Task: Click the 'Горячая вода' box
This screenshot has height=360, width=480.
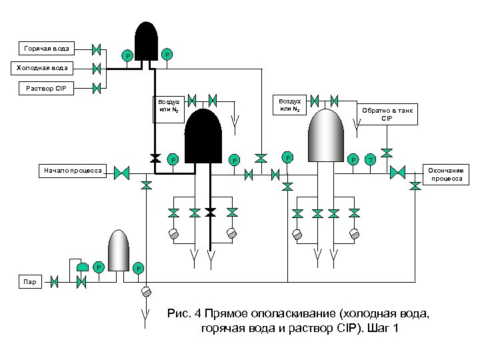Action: (x=46, y=49)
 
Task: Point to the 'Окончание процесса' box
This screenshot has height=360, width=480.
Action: (x=447, y=174)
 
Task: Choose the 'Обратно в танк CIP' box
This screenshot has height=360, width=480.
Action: (x=388, y=114)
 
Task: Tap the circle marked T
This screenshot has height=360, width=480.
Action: (x=371, y=159)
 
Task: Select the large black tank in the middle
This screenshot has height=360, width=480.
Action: (x=203, y=137)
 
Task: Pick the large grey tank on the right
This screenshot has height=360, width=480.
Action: (x=325, y=133)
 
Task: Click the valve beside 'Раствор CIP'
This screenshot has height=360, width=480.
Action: (x=97, y=87)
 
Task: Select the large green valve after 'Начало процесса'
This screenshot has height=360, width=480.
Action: (x=121, y=173)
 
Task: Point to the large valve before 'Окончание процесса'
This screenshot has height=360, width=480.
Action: (x=398, y=173)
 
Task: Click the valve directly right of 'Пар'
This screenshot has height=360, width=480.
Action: (x=55, y=282)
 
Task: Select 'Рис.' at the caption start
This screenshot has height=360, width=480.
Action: (x=180, y=314)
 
